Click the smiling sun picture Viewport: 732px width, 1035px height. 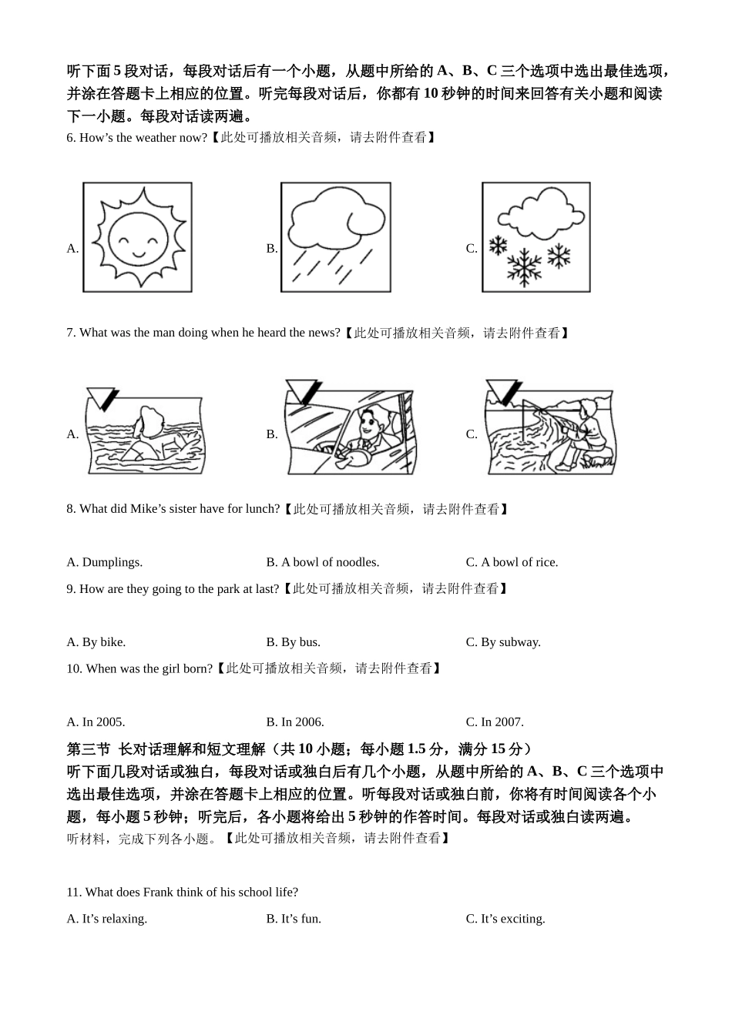(137, 237)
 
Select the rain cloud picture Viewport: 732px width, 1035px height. (335, 237)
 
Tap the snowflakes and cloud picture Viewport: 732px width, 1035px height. (536, 237)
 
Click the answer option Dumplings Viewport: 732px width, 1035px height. (112, 562)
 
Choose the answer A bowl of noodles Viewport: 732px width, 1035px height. (330, 562)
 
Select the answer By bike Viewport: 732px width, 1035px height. (103, 642)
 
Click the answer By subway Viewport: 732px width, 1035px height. (510, 642)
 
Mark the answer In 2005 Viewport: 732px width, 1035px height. (103, 722)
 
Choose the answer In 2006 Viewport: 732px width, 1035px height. (302, 722)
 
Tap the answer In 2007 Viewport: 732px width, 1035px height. (502, 722)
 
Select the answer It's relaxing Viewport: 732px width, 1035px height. (114, 919)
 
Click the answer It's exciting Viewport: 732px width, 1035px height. (512, 919)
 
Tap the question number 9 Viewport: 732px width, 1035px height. (71, 589)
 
